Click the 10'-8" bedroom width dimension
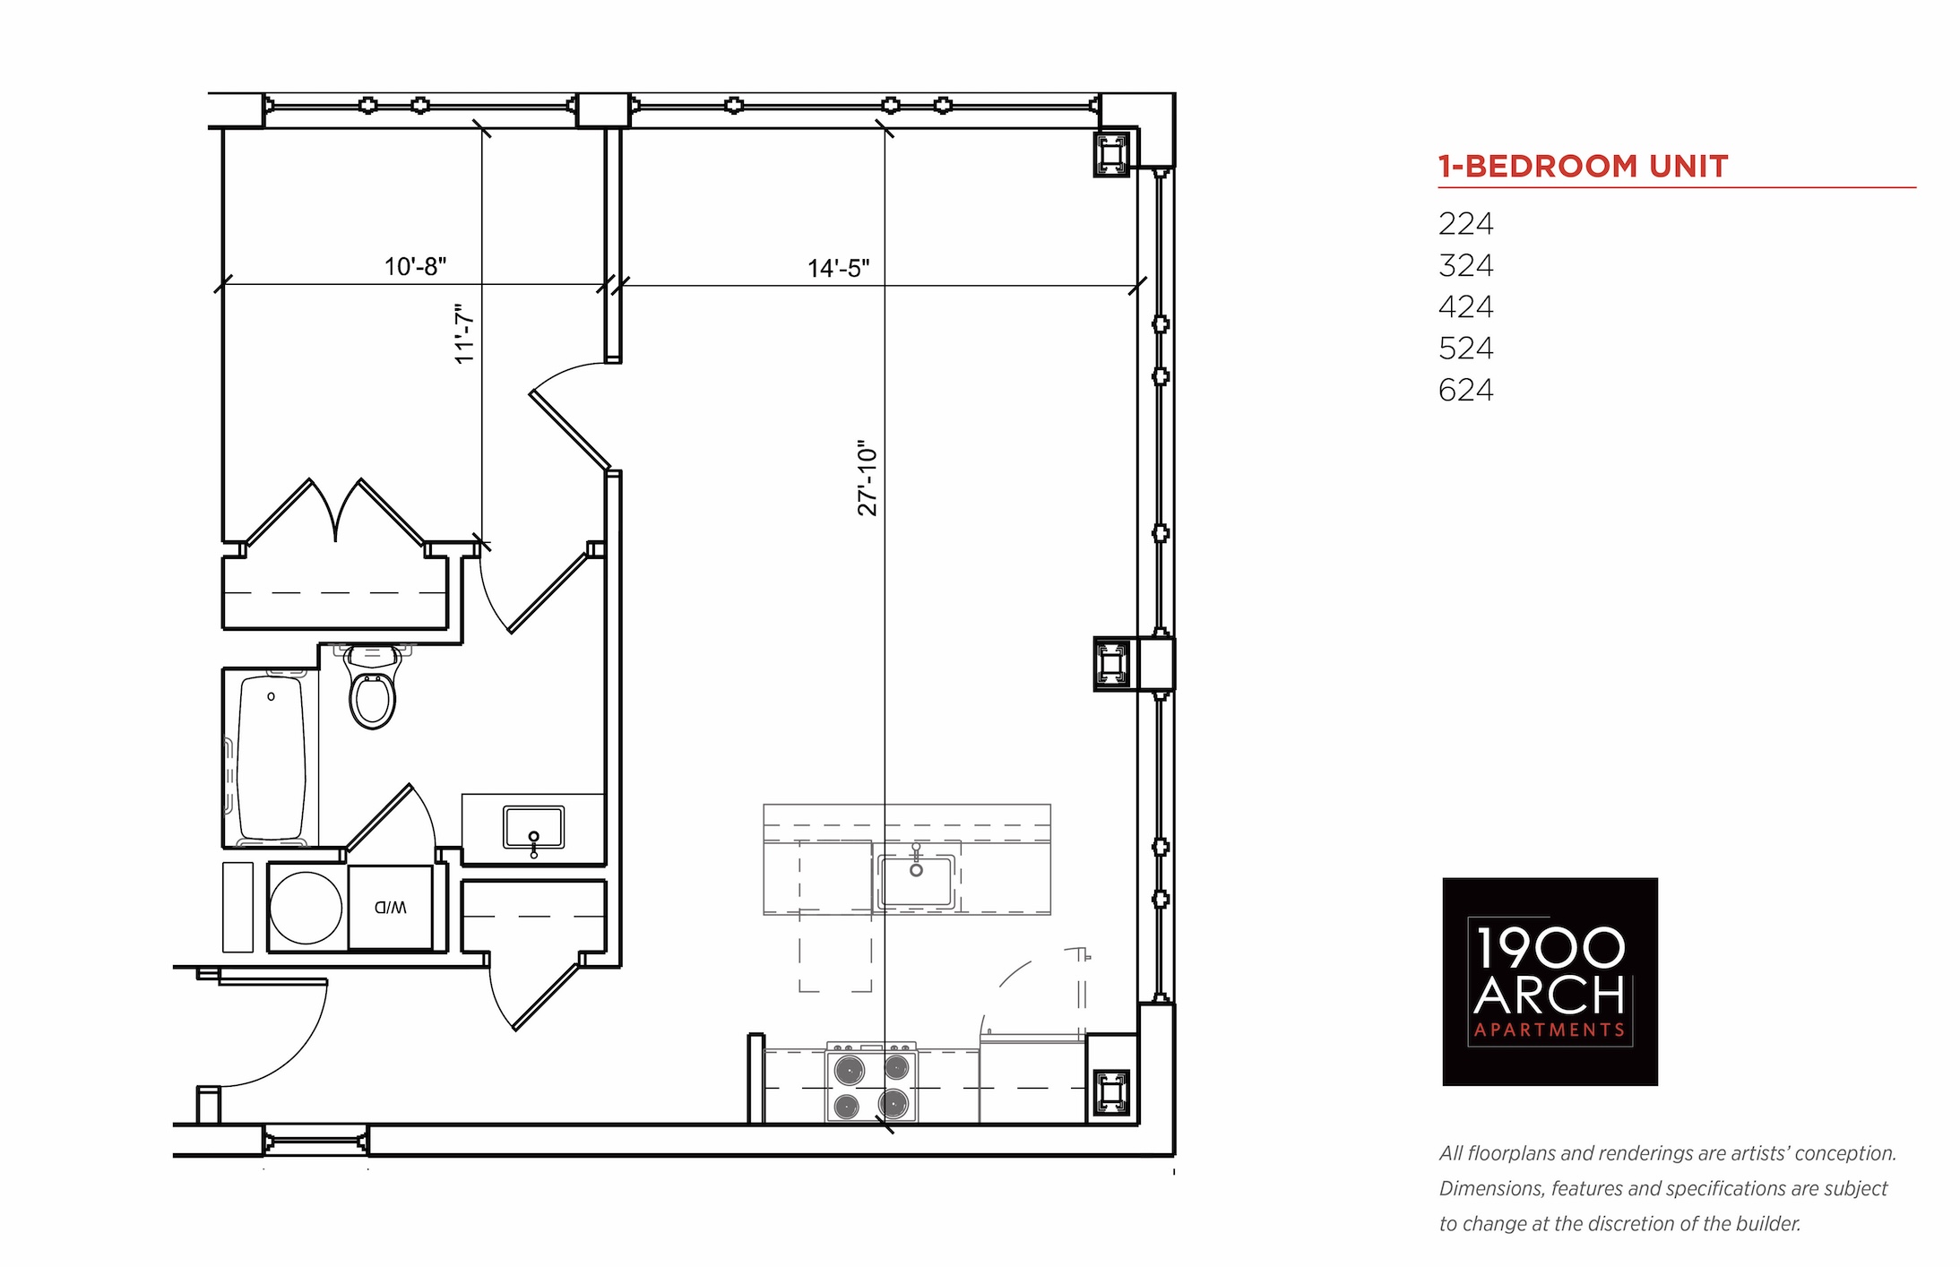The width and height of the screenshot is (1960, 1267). pos(416,266)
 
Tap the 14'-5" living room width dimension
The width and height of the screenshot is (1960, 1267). pos(839,268)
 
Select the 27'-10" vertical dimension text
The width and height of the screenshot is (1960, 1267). pos(868,478)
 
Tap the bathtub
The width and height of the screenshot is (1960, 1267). pos(271,758)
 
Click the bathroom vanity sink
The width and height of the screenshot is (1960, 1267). pos(533,828)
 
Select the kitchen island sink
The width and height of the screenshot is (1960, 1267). pos(916,879)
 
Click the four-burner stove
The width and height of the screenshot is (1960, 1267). pos(871,1082)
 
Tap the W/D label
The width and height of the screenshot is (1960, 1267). pos(391,907)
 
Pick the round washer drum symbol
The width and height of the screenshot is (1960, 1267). pos(306,908)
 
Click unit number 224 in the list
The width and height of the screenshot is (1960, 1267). pos(1466,223)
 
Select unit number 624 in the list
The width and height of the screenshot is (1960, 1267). pos(1466,390)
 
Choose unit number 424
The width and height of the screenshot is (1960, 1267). pos(1466,306)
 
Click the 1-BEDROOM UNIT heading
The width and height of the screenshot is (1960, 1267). pos(1583,167)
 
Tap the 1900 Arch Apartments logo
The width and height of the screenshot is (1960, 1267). pos(1550,982)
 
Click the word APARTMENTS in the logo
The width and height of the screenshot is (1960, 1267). pos(1550,1030)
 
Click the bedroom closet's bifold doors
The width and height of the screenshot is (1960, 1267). pos(335,513)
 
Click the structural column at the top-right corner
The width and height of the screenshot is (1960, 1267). pos(1111,154)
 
